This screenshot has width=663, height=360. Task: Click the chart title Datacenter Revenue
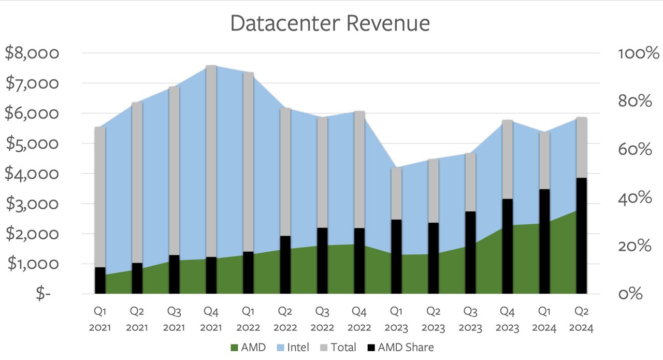[330, 24]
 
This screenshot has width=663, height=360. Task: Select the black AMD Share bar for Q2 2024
[582, 236]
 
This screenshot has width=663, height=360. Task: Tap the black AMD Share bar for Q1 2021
[100, 280]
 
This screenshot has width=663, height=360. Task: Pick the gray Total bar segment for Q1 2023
[396, 193]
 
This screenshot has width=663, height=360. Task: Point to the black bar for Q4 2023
[508, 246]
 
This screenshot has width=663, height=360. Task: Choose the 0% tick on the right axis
[630, 294]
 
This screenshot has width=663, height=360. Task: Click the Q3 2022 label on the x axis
[322, 319]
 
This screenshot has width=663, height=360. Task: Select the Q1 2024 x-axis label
[544, 319]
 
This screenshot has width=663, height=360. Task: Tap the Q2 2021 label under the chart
[137, 319]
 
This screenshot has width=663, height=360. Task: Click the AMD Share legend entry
[401, 348]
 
